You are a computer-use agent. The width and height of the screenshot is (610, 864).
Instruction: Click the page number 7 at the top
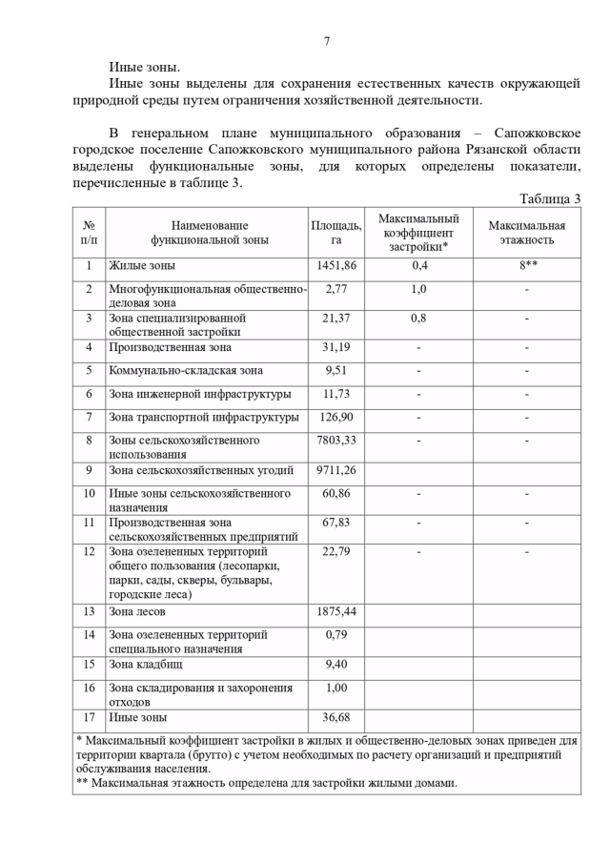click(327, 41)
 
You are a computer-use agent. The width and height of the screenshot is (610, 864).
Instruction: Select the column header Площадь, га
click(335, 233)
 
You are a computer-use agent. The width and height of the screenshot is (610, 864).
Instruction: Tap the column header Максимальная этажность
click(526, 233)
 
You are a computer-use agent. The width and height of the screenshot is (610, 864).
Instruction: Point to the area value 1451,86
click(335, 266)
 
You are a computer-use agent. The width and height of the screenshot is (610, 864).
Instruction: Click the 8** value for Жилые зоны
click(527, 266)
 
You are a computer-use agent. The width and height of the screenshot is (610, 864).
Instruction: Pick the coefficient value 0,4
click(418, 266)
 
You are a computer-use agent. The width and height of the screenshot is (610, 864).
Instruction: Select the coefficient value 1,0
click(418, 288)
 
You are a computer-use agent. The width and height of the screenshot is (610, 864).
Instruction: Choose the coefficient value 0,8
click(418, 318)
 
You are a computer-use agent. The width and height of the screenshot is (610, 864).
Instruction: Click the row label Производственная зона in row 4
click(170, 347)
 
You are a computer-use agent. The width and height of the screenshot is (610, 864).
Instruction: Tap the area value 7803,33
click(335, 441)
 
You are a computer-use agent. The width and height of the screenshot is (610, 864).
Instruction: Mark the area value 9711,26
click(335, 470)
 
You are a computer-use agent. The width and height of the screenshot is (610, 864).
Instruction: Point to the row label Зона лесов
click(137, 611)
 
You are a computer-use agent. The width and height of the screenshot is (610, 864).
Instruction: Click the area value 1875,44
click(335, 611)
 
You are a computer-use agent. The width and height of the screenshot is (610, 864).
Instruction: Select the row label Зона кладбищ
click(145, 664)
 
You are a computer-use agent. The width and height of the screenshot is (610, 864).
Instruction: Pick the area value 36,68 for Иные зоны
click(335, 717)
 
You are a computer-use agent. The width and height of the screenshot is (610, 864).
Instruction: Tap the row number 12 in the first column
click(89, 551)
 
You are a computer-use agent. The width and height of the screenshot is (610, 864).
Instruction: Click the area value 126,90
click(335, 418)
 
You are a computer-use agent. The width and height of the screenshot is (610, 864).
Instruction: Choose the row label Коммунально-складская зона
click(186, 371)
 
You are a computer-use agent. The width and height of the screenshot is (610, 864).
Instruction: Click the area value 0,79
click(335, 634)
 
